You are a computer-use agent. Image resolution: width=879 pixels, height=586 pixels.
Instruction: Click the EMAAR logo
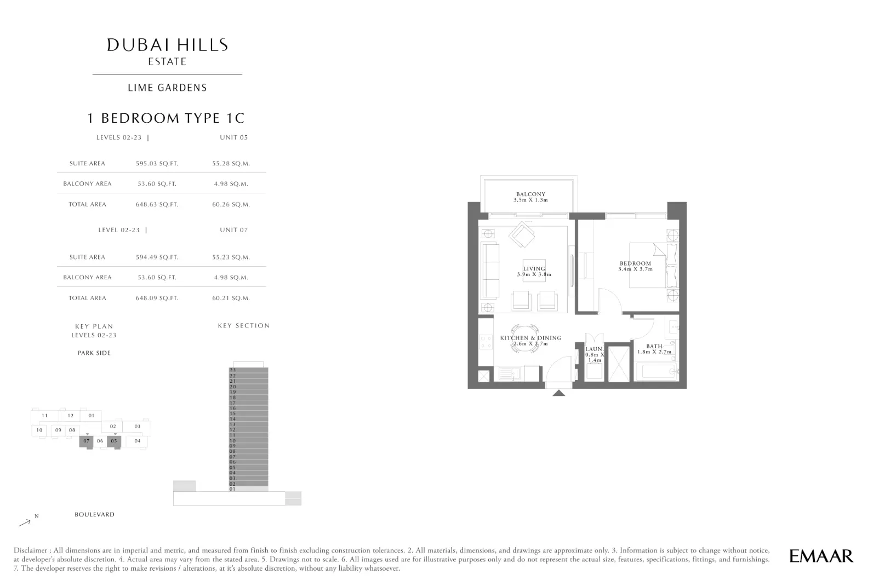pyautogui.click(x=821, y=556)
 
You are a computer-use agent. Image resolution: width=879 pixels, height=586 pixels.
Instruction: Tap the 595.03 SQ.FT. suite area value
pyautogui.click(x=157, y=164)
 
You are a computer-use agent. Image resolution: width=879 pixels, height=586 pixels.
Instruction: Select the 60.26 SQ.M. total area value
pyautogui.click(x=231, y=204)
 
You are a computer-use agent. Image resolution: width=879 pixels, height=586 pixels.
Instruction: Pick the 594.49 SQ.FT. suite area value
pyautogui.click(x=157, y=257)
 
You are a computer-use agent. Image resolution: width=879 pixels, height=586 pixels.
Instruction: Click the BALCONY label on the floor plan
pyautogui.click(x=530, y=194)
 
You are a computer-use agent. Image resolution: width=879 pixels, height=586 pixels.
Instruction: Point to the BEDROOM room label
pyautogui.click(x=635, y=263)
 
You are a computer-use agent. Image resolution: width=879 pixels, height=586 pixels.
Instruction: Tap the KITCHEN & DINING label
pyautogui.click(x=530, y=338)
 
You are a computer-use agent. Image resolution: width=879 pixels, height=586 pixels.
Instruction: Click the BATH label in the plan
pyautogui.click(x=654, y=346)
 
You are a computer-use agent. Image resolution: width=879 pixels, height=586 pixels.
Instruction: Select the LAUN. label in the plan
pyautogui.click(x=594, y=349)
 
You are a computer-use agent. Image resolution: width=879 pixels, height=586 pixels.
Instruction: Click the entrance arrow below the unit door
pyautogui.click(x=559, y=393)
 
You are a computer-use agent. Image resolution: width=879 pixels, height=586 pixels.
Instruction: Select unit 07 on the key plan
pyautogui.click(x=87, y=441)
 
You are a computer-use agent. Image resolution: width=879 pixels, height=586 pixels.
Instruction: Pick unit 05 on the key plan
pyautogui.click(x=114, y=441)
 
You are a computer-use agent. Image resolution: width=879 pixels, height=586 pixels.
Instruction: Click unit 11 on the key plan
pyautogui.click(x=45, y=415)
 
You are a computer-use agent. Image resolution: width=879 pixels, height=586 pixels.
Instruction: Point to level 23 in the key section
pyautogui.click(x=248, y=370)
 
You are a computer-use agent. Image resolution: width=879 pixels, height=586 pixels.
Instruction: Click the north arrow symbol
pyautogui.click(x=25, y=522)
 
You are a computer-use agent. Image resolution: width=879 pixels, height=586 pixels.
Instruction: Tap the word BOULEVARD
pyautogui.click(x=95, y=515)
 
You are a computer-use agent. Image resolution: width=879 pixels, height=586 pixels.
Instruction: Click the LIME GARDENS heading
pyautogui.click(x=167, y=88)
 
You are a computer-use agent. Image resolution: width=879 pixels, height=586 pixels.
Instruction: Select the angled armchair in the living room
pyautogui.click(x=522, y=234)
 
